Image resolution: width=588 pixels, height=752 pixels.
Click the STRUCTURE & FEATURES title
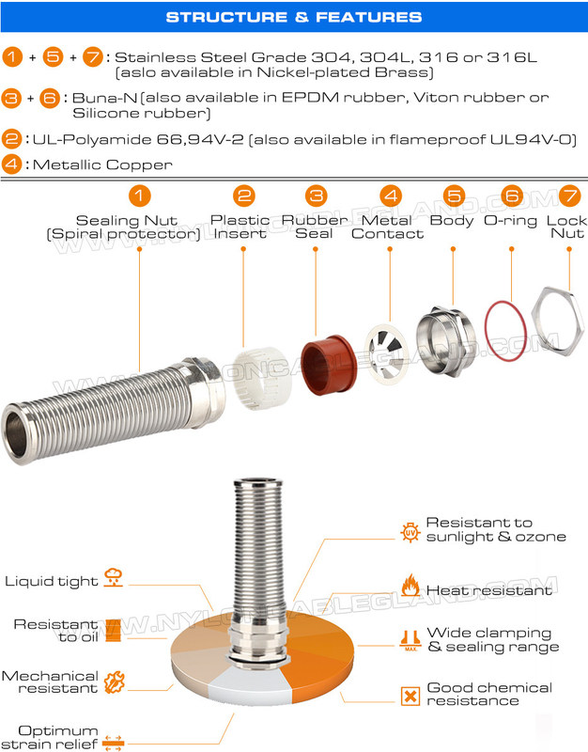(293, 17)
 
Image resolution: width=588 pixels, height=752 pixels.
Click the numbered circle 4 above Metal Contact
(389, 196)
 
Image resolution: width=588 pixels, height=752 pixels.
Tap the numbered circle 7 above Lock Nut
(566, 196)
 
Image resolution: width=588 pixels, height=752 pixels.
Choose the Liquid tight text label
(52, 581)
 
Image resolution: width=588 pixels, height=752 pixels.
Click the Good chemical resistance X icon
(410, 697)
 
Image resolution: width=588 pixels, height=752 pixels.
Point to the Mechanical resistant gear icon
(114, 682)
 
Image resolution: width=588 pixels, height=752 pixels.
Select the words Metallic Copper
(102, 164)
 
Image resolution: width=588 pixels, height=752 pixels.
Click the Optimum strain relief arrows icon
(114, 739)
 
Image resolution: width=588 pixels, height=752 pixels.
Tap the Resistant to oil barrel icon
(113, 629)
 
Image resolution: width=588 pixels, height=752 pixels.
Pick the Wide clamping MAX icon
(410, 639)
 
